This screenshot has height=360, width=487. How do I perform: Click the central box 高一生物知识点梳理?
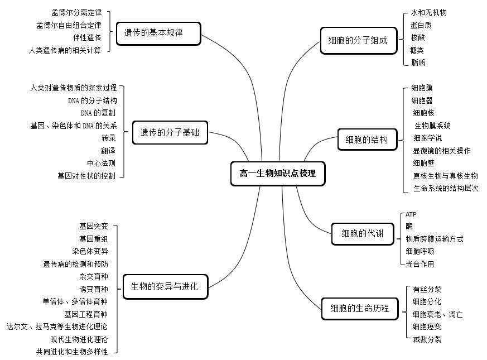(x=278, y=174)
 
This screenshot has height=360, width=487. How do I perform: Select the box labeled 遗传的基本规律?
(x=158, y=33)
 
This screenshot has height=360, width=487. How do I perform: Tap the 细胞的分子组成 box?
(x=359, y=40)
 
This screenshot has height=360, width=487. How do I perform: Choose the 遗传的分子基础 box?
(x=170, y=133)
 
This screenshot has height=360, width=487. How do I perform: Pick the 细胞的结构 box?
(x=367, y=140)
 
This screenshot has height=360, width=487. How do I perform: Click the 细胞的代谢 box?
(x=363, y=234)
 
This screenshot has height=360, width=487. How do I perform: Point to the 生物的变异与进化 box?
(x=165, y=287)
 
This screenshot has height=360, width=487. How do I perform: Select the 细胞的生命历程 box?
(x=360, y=309)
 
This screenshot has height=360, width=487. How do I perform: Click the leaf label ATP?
(x=411, y=214)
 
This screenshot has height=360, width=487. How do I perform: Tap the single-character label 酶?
(x=409, y=226)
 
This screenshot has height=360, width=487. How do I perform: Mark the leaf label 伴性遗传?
(x=87, y=37)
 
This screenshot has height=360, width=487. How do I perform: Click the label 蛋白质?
(x=421, y=25)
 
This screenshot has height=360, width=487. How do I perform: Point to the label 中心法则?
(x=102, y=163)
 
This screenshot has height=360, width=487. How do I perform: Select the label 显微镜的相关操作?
(x=442, y=151)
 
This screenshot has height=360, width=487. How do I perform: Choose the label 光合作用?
(x=420, y=264)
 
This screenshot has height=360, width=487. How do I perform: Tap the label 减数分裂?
(x=427, y=339)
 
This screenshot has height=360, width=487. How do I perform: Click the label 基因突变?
(x=94, y=226)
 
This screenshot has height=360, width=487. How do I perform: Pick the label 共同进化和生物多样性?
(x=72, y=352)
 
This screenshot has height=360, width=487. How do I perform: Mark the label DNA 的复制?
(x=98, y=113)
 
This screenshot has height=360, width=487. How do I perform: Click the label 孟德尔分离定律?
(x=77, y=12)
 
